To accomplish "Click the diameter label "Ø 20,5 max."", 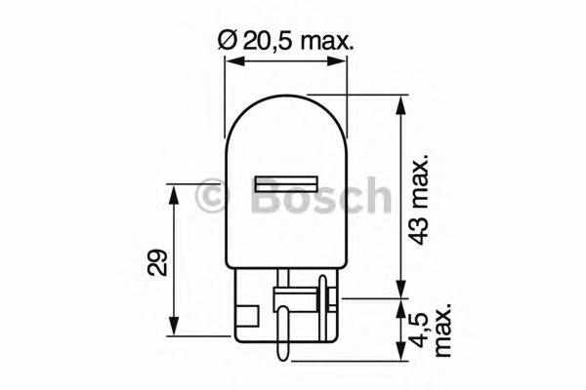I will (285, 41).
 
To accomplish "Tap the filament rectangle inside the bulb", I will (286, 182).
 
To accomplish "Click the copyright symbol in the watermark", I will (211, 198).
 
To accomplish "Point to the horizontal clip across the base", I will (293, 292).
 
